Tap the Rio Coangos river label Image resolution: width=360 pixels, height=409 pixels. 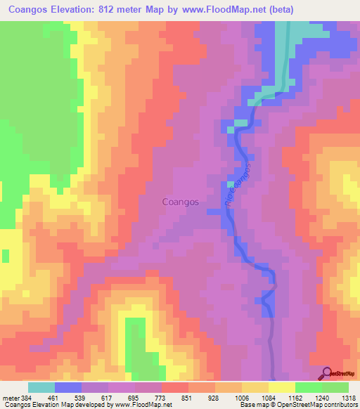[238, 184]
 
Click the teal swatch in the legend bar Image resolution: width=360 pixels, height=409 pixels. [41, 387]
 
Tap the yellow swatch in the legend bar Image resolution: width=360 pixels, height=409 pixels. [281, 387]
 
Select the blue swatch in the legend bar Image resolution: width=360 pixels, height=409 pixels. [68, 387]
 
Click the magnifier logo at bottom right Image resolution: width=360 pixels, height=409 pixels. [328, 373]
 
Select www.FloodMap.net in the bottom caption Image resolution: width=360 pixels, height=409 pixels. [147, 405]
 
